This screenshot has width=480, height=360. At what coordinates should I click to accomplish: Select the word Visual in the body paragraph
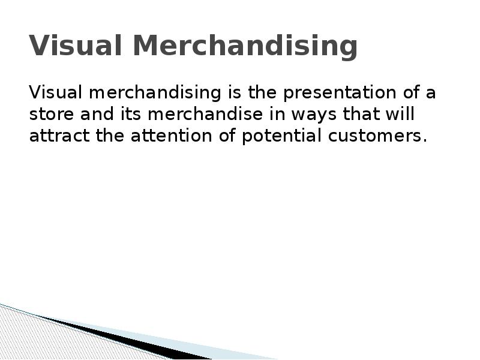pyautogui.click(x=53, y=93)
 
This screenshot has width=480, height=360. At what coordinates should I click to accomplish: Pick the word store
pyautogui.click(x=49, y=115)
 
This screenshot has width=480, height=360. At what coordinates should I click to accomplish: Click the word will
pyautogui.click(x=401, y=114)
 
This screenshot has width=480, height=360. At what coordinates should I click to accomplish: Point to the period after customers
pyautogui.click(x=425, y=140)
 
